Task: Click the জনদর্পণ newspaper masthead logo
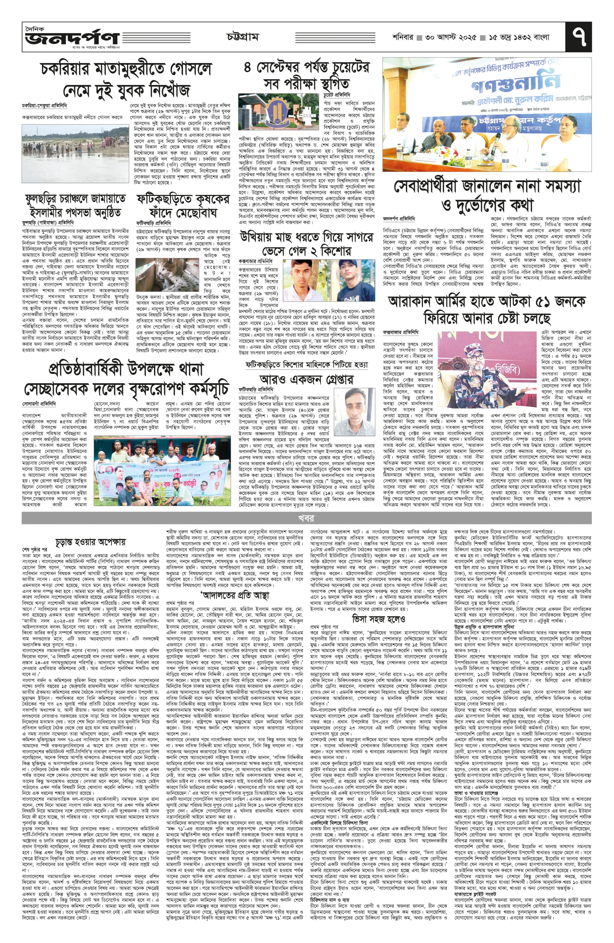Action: tap(71, 38)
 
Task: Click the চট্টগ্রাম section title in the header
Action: tap(243, 37)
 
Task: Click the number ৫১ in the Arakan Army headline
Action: tap(538, 302)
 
